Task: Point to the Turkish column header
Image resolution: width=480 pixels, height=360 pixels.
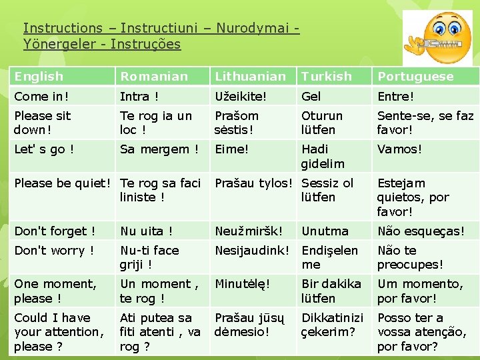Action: (x=327, y=77)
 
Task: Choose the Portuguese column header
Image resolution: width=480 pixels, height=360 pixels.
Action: (x=415, y=77)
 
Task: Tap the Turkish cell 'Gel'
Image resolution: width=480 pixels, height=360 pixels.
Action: (x=311, y=97)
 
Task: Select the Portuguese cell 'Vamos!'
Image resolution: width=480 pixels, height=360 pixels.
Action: (x=399, y=149)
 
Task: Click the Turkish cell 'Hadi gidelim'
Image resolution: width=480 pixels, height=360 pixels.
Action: (x=323, y=157)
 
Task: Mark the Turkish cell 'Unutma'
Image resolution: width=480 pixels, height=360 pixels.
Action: (x=325, y=231)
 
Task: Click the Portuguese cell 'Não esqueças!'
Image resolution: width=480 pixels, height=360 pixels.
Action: (x=421, y=231)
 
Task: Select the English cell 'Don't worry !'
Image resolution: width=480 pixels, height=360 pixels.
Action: (x=54, y=251)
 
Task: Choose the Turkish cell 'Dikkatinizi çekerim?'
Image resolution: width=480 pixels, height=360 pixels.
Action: (x=332, y=325)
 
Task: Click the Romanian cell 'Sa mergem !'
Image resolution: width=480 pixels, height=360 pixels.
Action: (x=159, y=149)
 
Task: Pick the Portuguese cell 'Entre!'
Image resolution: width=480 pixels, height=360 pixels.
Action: (x=395, y=97)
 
